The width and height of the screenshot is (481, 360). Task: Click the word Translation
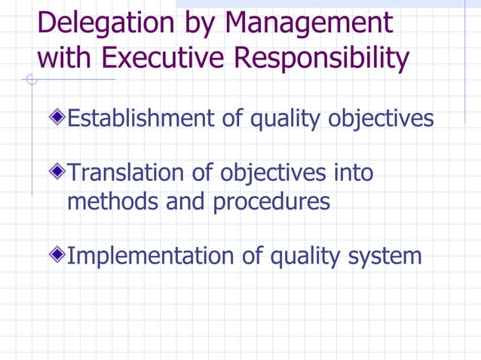coord(125,173)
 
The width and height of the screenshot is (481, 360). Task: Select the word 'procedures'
coord(272,202)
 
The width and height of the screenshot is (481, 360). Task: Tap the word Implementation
coord(150,256)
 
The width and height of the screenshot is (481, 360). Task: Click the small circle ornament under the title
coord(32,79)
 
